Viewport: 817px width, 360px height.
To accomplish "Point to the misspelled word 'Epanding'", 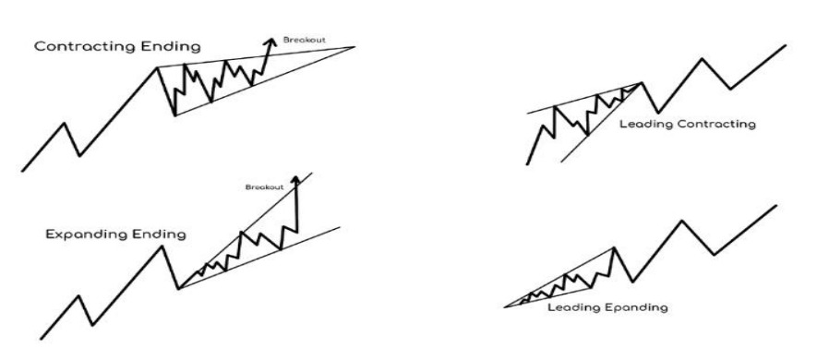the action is click(x=637, y=307).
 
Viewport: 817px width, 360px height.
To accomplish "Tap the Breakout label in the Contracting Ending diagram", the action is click(x=305, y=40).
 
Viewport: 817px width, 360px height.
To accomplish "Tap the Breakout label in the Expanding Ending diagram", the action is click(x=265, y=187).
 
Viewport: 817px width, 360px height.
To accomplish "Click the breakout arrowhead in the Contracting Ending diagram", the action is click(x=270, y=42).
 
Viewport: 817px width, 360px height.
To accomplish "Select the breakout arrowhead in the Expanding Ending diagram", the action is click(x=296, y=180).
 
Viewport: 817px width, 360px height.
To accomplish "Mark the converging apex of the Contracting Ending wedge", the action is click(x=354, y=47).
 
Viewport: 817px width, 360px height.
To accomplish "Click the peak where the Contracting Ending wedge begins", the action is click(x=157, y=67).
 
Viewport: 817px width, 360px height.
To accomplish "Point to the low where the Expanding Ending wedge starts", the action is click(x=179, y=288).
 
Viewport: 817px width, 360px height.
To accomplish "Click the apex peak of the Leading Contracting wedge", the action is click(x=642, y=83).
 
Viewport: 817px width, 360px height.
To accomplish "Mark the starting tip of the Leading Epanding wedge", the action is click(x=505, y=306).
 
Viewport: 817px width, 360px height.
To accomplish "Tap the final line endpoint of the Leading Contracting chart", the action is click(x=786, y=46).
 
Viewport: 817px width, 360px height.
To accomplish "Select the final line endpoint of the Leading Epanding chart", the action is click(x=776, y=206).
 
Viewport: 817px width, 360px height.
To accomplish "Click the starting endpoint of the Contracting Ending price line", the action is click(x=22, y=171).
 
